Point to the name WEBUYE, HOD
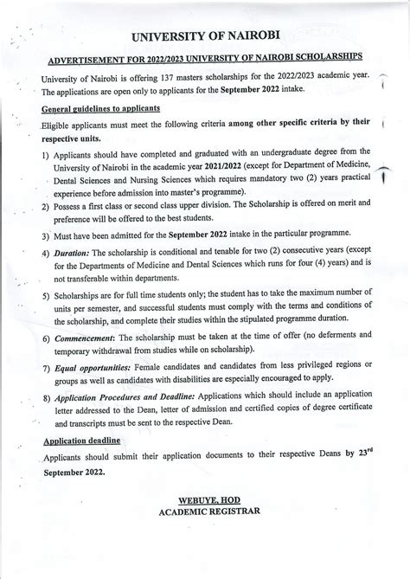click(210, 501)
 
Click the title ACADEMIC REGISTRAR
click(210, 513)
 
